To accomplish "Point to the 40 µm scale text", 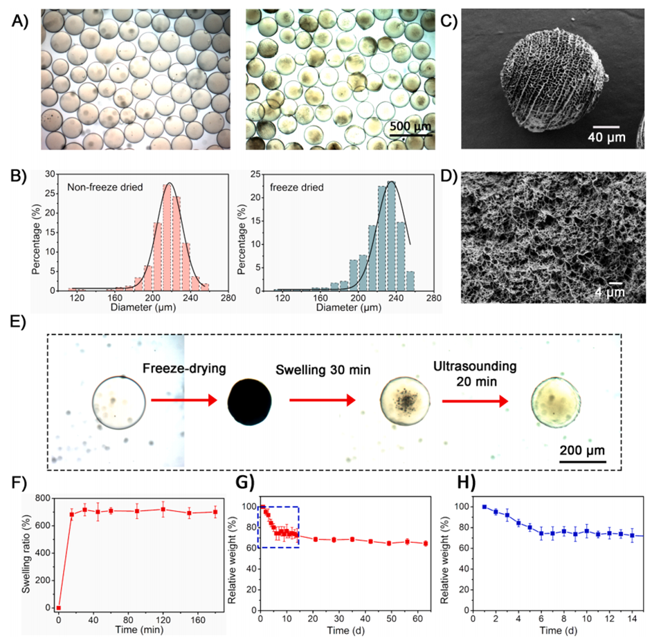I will pos(607,138).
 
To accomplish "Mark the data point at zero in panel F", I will pos(60,608).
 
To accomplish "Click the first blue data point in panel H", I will pos(484,507).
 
